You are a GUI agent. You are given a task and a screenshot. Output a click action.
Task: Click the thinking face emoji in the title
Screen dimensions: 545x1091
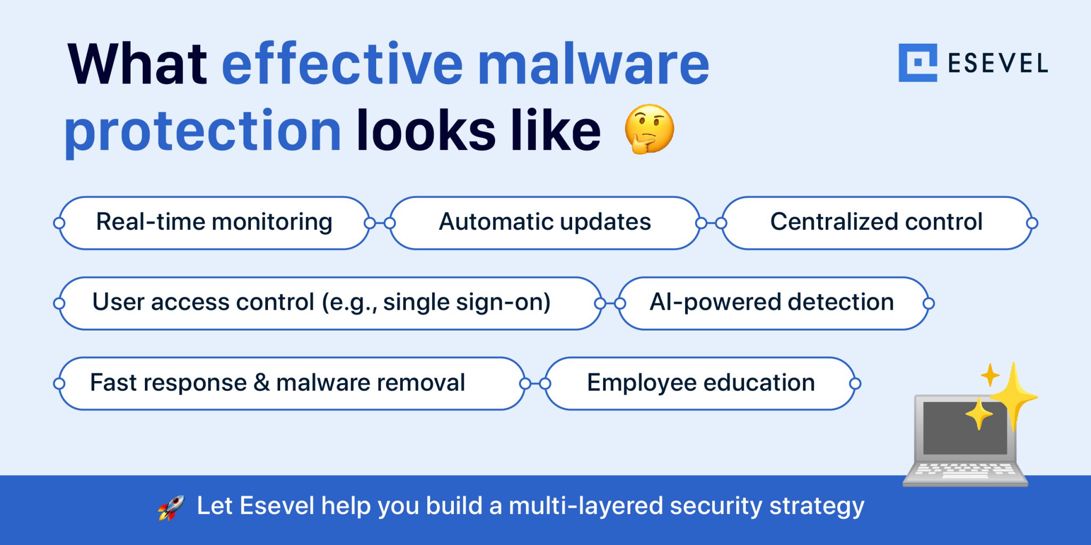coord(649,129)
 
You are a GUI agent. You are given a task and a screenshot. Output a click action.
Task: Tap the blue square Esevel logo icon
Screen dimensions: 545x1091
coord(917,63)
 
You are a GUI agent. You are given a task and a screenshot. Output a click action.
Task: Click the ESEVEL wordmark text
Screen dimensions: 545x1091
coord(998,63)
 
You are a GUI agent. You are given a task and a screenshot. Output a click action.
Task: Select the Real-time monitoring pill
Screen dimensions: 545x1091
coord(214,222)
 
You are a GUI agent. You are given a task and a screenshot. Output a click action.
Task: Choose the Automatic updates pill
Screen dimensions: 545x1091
coord(544,222)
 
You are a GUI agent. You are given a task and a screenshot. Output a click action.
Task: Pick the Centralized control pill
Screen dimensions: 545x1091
coord(876,222)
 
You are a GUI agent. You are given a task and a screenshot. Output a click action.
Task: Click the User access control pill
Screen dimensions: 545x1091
coord(321,303)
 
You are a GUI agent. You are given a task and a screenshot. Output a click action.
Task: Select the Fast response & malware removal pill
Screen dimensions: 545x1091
coord(277,383)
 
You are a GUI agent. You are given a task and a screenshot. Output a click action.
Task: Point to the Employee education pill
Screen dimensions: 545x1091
coord(701,383)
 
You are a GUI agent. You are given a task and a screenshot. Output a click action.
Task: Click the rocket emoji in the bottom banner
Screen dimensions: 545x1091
coord(171,507)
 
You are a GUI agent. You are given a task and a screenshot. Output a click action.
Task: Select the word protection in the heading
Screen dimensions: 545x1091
coord(202,131)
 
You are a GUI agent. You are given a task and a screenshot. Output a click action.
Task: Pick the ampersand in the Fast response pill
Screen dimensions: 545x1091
coord(262,383)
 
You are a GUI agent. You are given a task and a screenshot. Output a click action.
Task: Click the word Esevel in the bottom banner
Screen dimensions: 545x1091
coord(276,506)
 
